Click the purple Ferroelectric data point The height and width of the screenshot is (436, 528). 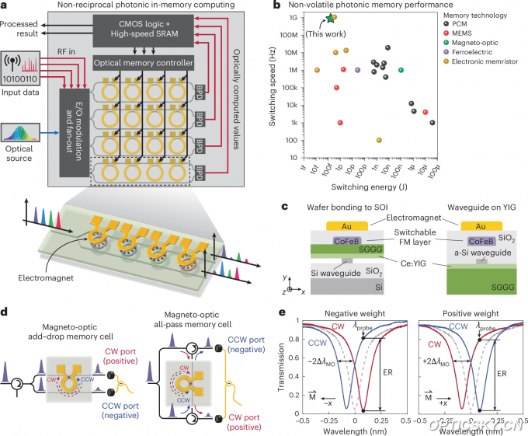(357, 70)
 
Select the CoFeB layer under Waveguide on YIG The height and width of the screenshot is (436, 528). (479, 241)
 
